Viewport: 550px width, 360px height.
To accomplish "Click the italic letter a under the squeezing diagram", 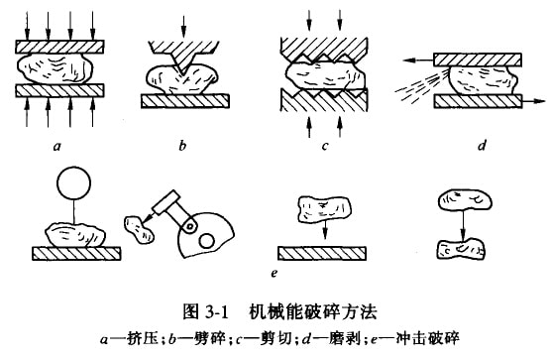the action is point(56,146).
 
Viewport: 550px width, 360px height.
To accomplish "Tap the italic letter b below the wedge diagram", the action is point(182,145).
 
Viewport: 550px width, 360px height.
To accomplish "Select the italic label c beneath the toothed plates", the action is point(325,146).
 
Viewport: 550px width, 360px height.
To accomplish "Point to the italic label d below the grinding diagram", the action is point(483,145).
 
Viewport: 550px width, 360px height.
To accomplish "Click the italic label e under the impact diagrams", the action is point(275,273).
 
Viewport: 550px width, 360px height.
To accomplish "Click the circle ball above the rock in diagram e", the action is point(73,182).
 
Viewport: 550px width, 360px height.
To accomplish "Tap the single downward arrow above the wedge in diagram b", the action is point(182,28).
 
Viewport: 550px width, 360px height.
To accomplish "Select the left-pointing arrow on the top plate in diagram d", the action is point(418,60).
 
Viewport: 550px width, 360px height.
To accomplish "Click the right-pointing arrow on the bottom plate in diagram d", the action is point(533,101).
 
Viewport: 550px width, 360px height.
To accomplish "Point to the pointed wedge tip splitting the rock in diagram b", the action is point(181,73).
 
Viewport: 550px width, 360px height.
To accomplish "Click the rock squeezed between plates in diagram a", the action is point(55,68).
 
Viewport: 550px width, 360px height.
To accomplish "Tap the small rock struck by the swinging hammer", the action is point(139,229).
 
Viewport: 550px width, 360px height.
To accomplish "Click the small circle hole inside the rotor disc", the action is point(206,241).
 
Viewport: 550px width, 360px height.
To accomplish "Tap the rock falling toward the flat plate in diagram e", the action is point(324,209).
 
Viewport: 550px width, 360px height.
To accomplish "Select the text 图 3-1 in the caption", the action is point(205,312).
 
